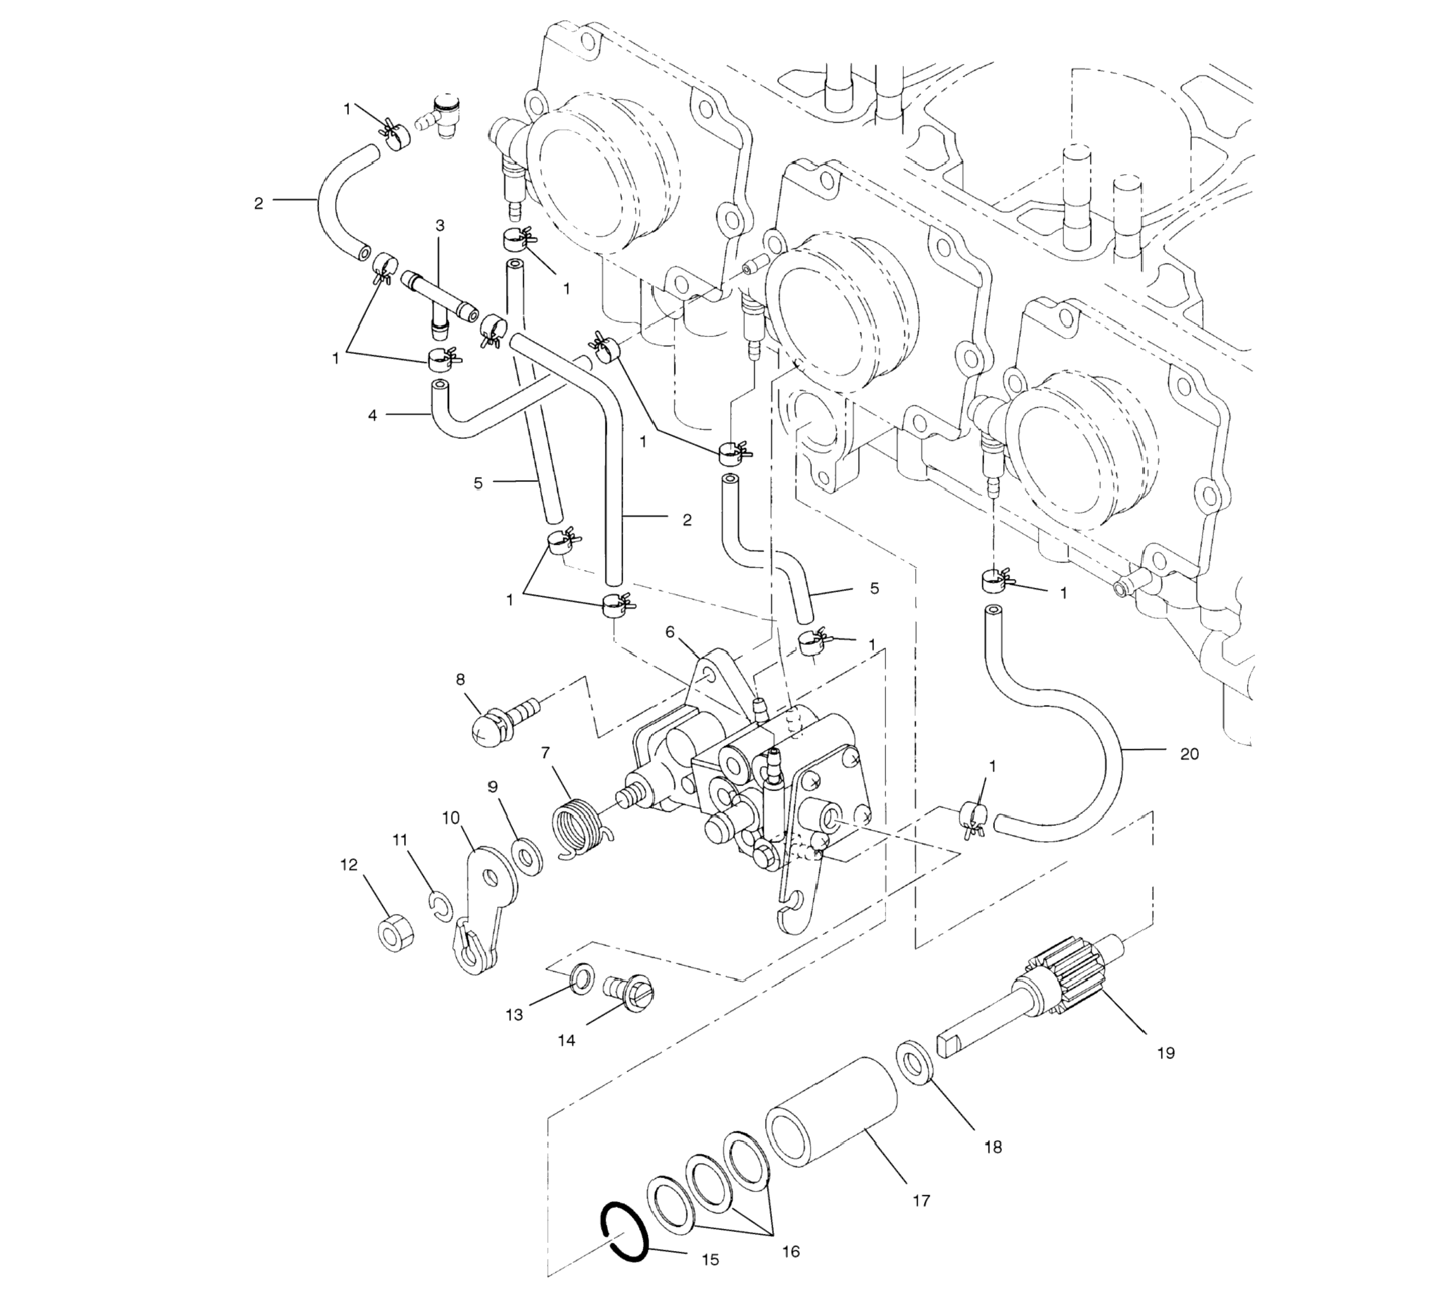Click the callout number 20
point(1190,754)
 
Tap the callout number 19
point(1166,1053)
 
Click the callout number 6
point(670,632)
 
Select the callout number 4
point(372,416)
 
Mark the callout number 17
point(921,1200)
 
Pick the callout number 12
point(348,865)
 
